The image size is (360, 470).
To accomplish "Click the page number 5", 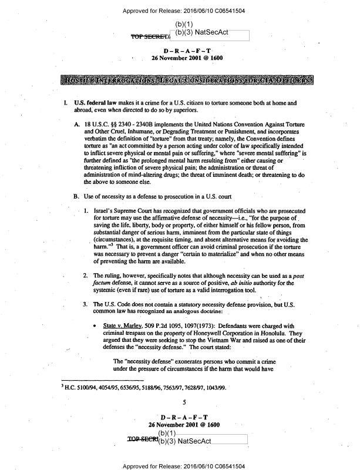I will pos(184,402).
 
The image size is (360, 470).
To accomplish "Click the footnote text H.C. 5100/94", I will pos(84,388).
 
